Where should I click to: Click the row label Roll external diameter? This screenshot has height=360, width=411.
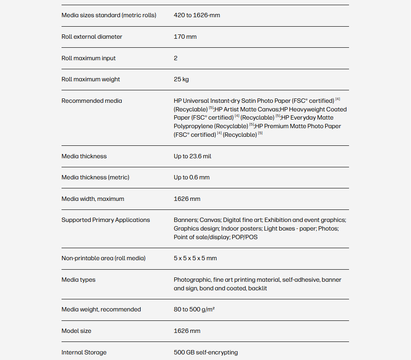coord(92,37)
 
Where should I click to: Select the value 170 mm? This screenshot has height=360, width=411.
coord(185,37)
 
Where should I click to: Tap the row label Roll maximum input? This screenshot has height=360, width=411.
coord(88,58)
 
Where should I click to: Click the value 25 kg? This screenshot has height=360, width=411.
coord(181,80)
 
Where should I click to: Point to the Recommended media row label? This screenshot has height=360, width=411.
coord(92,101)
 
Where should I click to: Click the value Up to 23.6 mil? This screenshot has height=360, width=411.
coord(192,157)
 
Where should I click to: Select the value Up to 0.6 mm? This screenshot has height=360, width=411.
coord(192,178)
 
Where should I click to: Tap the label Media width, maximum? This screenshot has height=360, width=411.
coord(93,199)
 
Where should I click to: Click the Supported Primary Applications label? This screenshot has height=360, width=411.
coord(105,220)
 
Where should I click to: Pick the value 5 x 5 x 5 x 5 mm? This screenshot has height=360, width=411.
coord(195,258)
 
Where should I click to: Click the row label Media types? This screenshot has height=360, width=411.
coord(78,280)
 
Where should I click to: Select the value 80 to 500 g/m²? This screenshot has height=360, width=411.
coord(194,310)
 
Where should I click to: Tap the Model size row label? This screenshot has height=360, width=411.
coord(76,331)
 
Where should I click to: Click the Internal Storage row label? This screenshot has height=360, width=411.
coord(83,353)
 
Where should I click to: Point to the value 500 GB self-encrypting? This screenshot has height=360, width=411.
coord(205,353)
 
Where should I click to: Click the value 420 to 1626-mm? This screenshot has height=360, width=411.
coord(197,15)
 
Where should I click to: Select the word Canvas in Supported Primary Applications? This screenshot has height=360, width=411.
coord(209,220)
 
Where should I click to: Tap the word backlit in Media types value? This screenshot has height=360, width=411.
coord(257,289)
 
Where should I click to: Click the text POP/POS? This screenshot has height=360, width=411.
coord(245,237)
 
